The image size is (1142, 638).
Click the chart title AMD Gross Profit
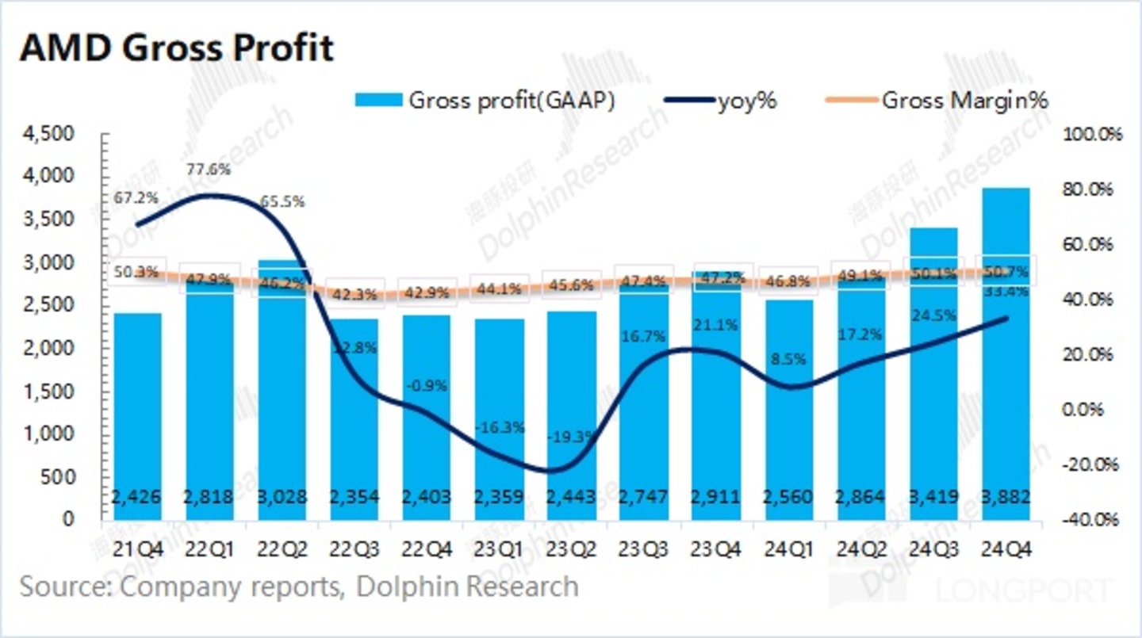176,48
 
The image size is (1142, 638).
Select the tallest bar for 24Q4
1006,357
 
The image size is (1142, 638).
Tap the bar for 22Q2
282,396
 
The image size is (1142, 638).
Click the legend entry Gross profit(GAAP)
486,101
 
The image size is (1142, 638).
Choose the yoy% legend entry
722,101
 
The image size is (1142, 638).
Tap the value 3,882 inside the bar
1006,498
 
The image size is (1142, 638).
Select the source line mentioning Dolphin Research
299,586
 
